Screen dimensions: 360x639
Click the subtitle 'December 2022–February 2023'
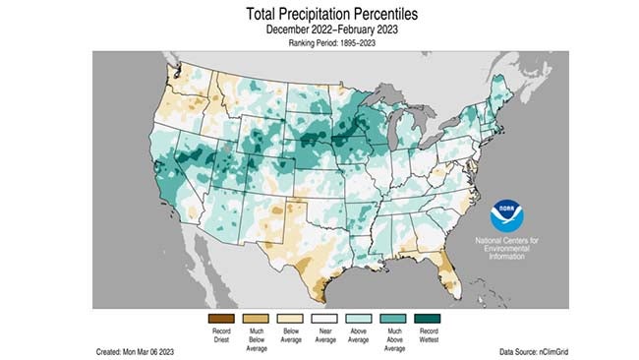coord(319,30)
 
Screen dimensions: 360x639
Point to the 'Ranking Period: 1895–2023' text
coord(319,44)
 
